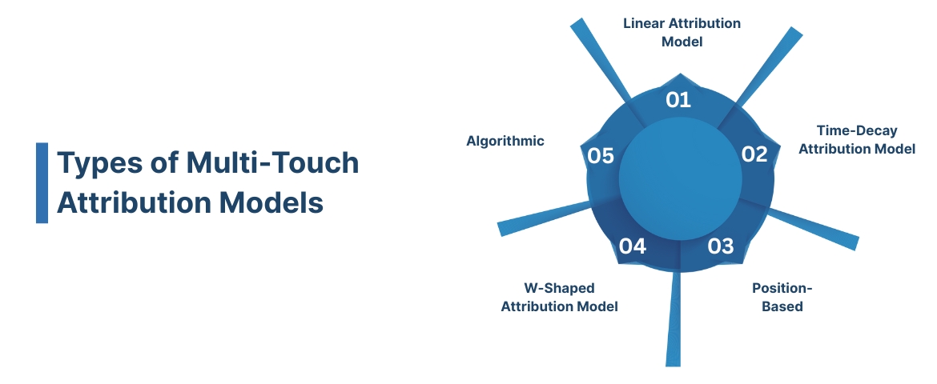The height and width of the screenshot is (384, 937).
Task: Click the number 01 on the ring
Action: coord(678,100)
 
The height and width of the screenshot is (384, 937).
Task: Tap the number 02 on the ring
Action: coord(754,154)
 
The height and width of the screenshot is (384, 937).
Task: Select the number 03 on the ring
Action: coord(721,246)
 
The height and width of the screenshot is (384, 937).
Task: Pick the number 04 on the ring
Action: coord(633,246)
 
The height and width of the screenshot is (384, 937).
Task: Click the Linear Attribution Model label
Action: coord(682,32)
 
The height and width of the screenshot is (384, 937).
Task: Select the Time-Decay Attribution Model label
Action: coord(857,139)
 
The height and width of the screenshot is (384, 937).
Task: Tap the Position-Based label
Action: coord(777,297)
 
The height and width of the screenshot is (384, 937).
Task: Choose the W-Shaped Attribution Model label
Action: coord(559,297)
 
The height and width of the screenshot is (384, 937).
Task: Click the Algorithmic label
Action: coord(505,141)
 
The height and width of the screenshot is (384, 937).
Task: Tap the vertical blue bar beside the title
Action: coord(42,182)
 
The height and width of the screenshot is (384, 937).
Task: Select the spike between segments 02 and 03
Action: coord(817,228)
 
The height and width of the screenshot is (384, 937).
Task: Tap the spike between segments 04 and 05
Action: coord(537,222)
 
